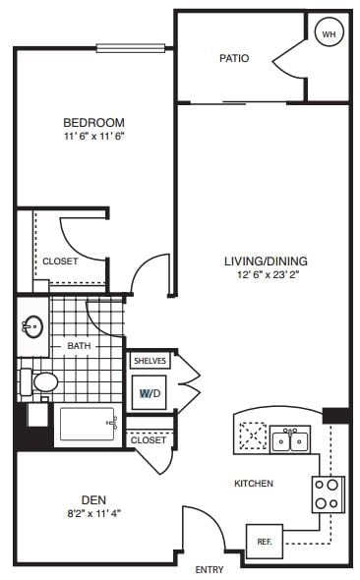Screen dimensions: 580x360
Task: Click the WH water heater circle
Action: (x=328, y=34)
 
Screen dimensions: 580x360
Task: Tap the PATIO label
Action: (x=233, y=58)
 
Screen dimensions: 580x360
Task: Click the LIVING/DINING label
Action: (x=266, y=261)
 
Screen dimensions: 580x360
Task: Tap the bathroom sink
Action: (x=32, y=326)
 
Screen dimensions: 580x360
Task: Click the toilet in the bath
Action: (x=42, y=381)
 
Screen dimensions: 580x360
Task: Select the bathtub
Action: (x=87, y=424)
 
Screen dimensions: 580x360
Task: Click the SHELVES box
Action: (x=150, y=361)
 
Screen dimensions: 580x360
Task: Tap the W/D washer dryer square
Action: (x=150, y=393)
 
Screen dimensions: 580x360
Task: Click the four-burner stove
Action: (x=328, y=493)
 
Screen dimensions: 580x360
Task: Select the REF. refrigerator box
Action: (x=264, y=542)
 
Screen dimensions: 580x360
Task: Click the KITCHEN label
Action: (x=253, y=483)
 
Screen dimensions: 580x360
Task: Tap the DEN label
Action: (x=96, y=497)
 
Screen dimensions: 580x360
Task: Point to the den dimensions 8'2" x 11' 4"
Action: (x=96, y=511)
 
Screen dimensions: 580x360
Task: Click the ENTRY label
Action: (x=209, y=569)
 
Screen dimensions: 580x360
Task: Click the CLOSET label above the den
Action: (x=149, y=439)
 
